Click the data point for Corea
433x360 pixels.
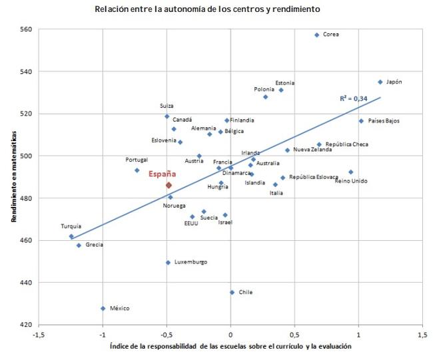point(316,35)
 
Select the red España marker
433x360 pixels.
point(169,185)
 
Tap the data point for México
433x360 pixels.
point(103,308)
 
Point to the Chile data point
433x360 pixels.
point(232,292)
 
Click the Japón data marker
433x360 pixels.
point(380,82)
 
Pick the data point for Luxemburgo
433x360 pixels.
point(168,262)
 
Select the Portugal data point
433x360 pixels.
point(137,170)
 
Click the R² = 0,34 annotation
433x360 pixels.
point(354,98)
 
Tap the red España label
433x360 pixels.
point(162,174)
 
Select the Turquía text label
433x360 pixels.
point(71,226)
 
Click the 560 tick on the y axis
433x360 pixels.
point(27,29)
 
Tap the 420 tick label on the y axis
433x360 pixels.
point(27,325)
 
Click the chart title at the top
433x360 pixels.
point(207,9)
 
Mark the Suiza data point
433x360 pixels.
point(167,116)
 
